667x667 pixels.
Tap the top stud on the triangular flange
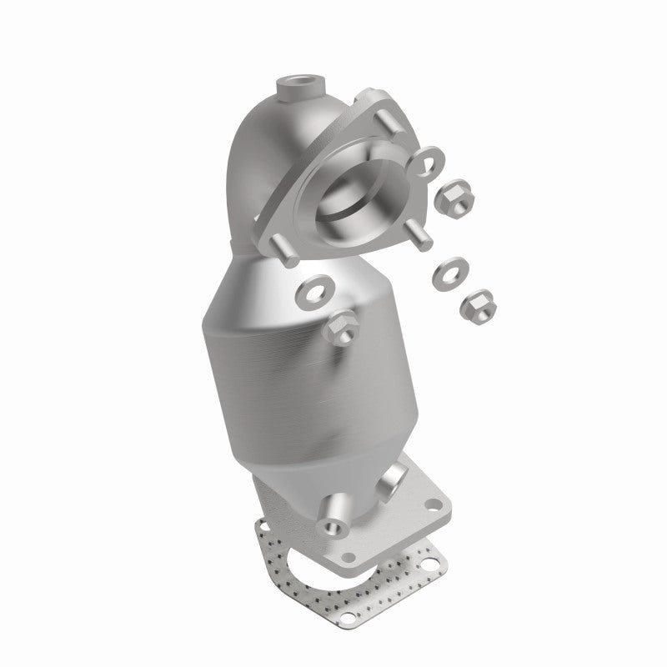(390, 118)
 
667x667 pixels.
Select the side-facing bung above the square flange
(393, 482)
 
